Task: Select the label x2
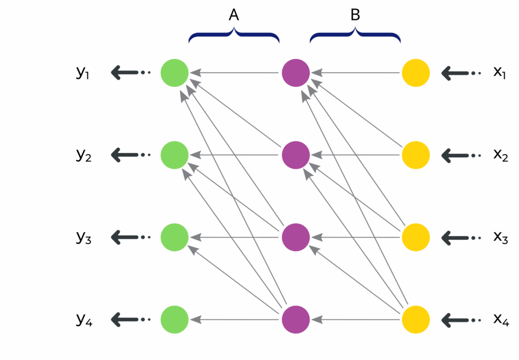click(x=501, y=155)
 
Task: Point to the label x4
click(x=501, y=319)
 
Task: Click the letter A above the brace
click(x=234, y=16)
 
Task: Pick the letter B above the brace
click(x=355, y=16)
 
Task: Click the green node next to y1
click(x=175, y=73)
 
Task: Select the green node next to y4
click(x=175, y=320)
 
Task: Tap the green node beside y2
click(x=175, y=155)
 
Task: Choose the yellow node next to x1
click(x=416, y=73)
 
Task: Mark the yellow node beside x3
click(x=416, y=237)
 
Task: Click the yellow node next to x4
click(x=416, y=320)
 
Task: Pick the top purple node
click(x=295, y=73)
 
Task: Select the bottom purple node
click(x=295, y=320)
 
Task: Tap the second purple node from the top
click(x=295, y=155)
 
